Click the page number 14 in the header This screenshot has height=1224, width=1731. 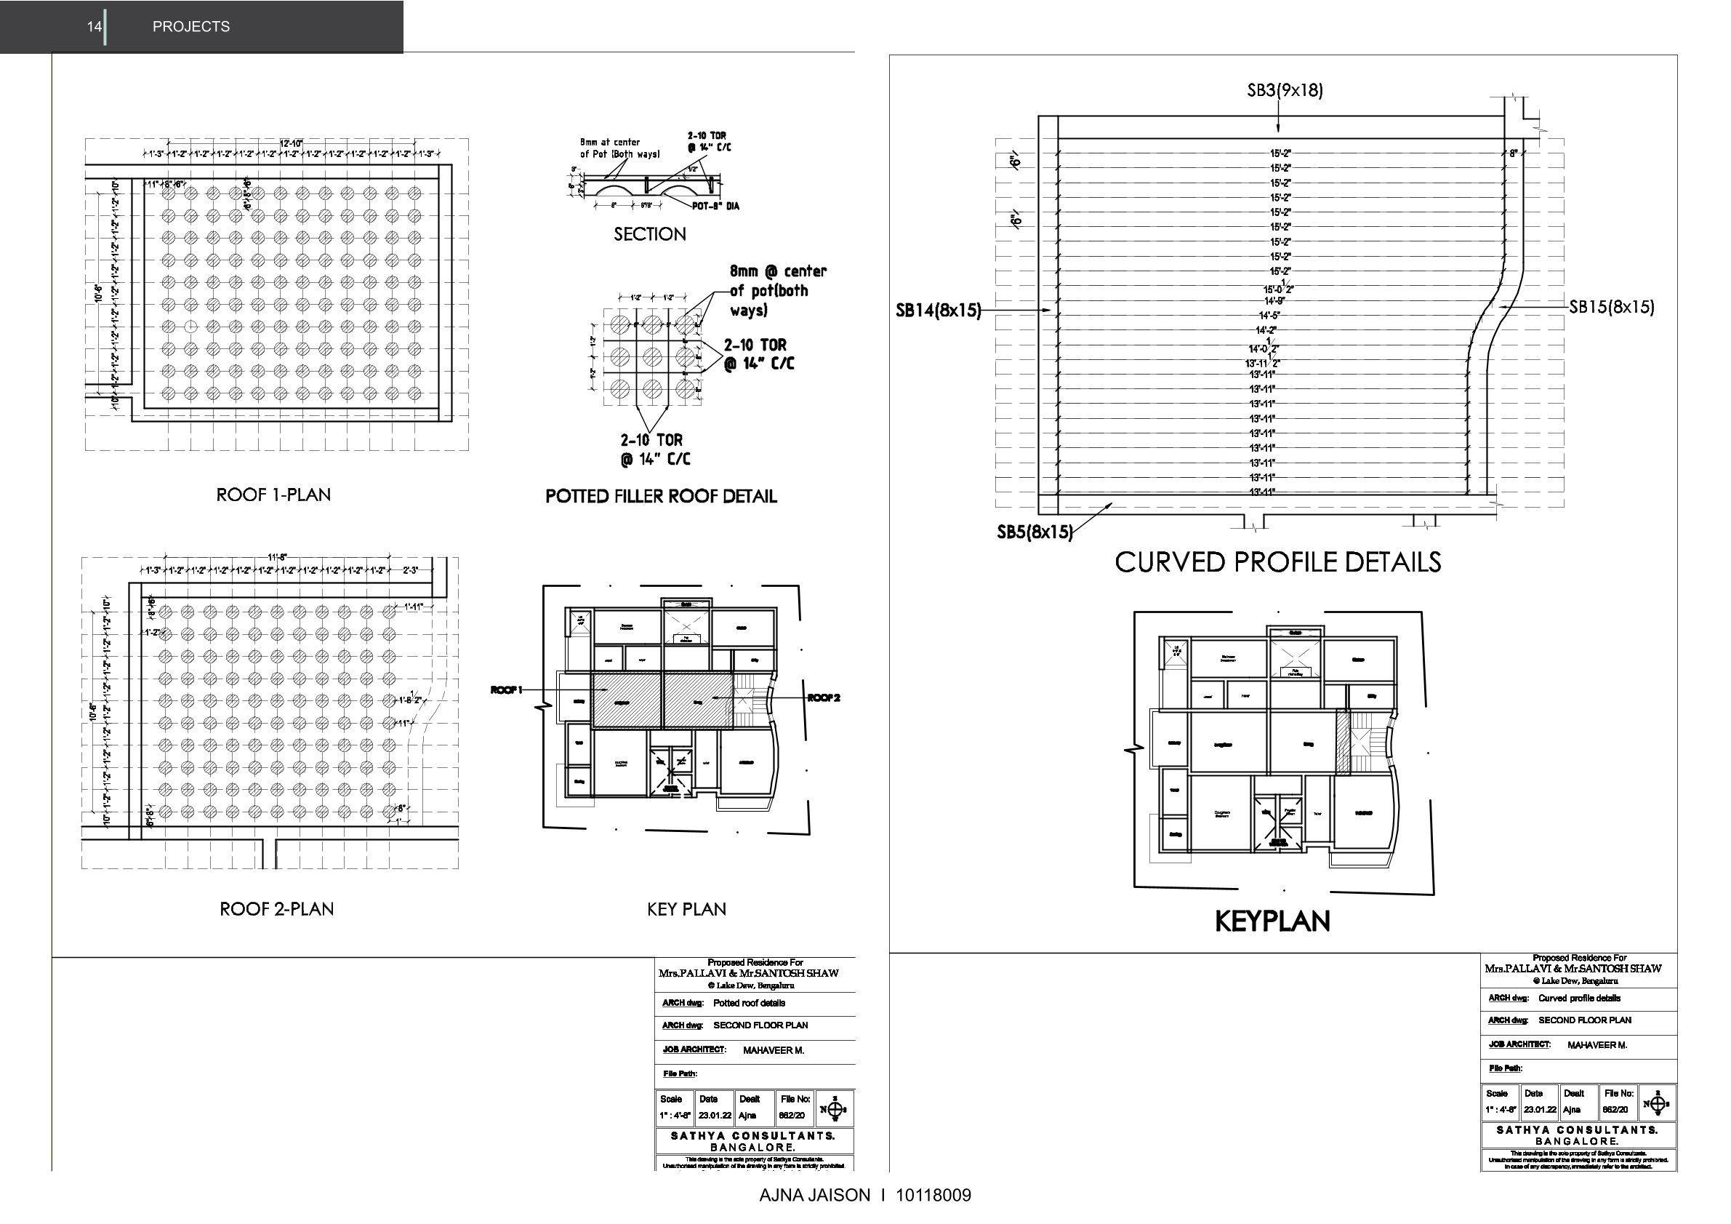pyautogui.click(x=94, y=26)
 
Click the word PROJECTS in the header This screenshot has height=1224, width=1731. pyautogui.click(x=190, y=26)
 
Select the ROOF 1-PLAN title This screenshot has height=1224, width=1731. pyautogui.click(x=273, y=495)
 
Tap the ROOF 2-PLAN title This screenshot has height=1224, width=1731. pyautogui.click(x=276, y=909)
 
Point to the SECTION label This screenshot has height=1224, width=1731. pyautogui.click(x=649, y=233)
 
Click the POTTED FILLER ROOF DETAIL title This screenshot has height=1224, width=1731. pyautogui.click(x=660, y=496)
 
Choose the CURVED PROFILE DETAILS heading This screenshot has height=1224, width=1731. pyautogui.click(x=1278, y=562)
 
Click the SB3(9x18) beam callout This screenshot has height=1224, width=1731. pyautogui.click(x=1285, y=90)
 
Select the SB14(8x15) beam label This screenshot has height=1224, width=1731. pyautogui.click(x=938, y=310)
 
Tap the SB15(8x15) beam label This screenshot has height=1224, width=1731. pyautogui.click(x=1612, y=307)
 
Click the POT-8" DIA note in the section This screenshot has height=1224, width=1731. pyautogui.click(x=715, y=206)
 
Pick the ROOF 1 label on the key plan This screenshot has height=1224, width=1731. pyautogui.click(x=506, y=690)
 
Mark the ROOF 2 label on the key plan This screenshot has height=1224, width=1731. pyautogui.click(x=823, y=698)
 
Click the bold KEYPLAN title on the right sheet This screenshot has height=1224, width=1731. pyautogui.click(x=1272, y=921)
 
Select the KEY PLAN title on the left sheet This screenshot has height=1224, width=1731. pyautogui.click(x=686, y=909)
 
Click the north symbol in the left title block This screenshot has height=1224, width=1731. pyautogui.click(x=834, y=1109)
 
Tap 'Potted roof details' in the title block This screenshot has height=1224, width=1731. pyautogui.click(x=749, y=1003)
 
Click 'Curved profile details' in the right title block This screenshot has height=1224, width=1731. pyautogui.click(x=1579, y=998)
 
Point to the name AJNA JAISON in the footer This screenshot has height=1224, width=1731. pyautogui.click(x=814, y=1196)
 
